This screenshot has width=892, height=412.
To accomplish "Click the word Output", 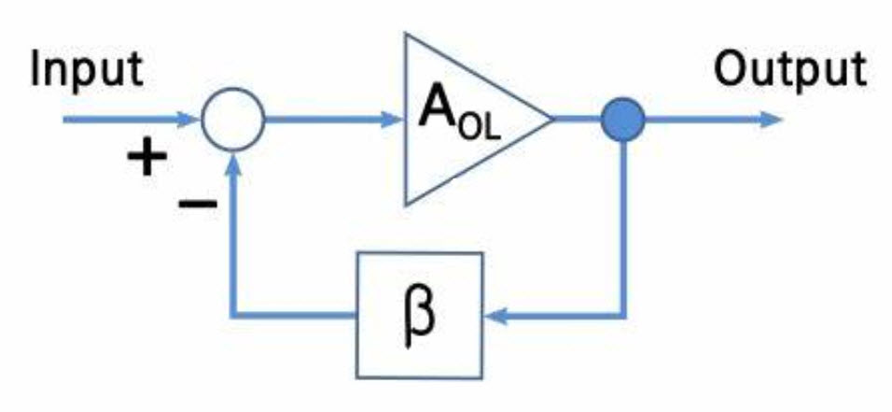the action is [x=790, y=71].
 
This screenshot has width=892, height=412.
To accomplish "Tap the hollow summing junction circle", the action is [x=233, y=120].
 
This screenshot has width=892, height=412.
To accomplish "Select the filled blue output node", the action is [x=623, y=120].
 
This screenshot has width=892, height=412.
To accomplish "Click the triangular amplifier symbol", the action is [x=478, y=119].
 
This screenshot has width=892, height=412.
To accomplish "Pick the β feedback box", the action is [x=419, y=315].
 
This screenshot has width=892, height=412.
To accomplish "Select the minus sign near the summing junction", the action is [x=198, y=203].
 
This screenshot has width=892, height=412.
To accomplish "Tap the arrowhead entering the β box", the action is [x=495, y=315].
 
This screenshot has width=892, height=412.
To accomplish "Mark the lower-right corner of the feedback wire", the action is [x=623, y=315].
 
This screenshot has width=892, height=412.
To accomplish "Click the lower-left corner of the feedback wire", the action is [x=233, y=315].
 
